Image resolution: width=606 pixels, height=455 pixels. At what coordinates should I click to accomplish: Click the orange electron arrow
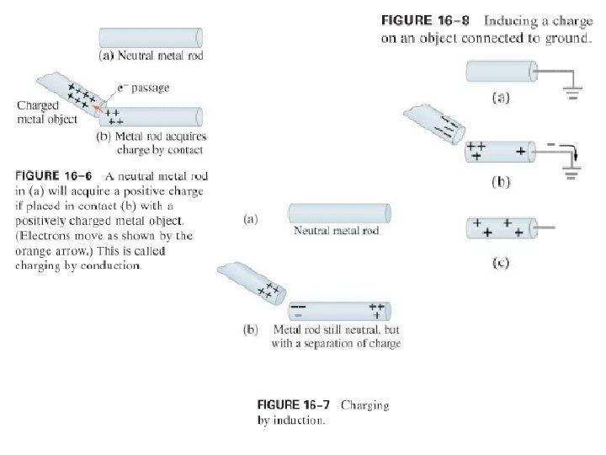100,106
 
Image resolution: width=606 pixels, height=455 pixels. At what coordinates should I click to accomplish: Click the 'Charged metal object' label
39,112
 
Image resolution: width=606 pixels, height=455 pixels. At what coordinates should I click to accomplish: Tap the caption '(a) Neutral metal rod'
151,56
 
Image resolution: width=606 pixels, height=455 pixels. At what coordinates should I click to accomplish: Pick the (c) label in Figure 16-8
500,262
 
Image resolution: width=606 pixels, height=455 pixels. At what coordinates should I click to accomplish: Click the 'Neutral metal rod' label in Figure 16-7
336,231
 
